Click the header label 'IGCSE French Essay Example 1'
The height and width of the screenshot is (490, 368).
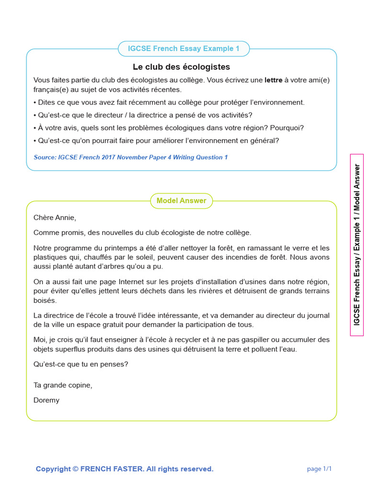pyautogui.click(x=184, y=49)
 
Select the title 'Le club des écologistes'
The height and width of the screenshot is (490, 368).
pyautogui.click(x=181, y=67)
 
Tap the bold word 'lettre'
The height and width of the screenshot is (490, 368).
pyautogui.click(x=273, y=80)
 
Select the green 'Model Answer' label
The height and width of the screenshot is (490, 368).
pyautogui.click(x=181, y=201)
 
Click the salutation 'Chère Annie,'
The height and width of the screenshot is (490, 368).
pyautogui.click(x=55, y=218)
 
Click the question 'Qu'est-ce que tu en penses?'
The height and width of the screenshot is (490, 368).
pyautogui.click(x=81, y=364)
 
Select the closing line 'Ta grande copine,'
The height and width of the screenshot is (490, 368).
pyautogui.click(x=63, y=385)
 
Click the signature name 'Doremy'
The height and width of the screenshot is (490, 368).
pyautogui.click(x=46, y=400)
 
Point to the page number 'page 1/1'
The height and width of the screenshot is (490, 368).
pyautogui.click(x=319, y=469)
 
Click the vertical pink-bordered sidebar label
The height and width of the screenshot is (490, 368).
pyautogui.click(x=357, y=245)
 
